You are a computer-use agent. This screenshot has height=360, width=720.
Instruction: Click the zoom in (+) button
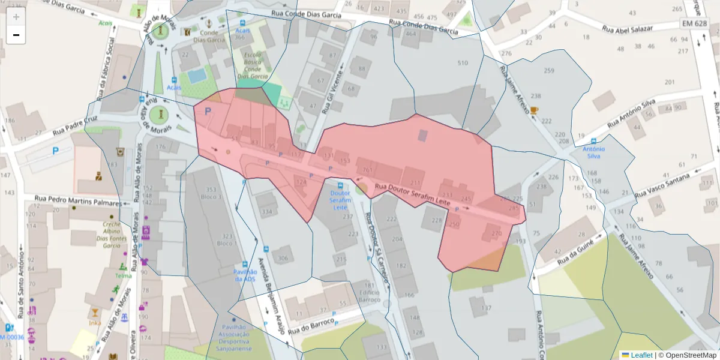(x=16, y=17)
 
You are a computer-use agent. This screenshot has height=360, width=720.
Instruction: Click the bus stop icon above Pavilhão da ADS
(x=245, y=265)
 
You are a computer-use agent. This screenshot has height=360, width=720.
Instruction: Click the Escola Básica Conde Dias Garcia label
(x=252, y=65)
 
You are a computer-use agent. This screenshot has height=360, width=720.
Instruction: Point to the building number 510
(x=462, y=63)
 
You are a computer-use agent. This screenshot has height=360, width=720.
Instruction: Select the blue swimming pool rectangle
(x=196, y=76)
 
